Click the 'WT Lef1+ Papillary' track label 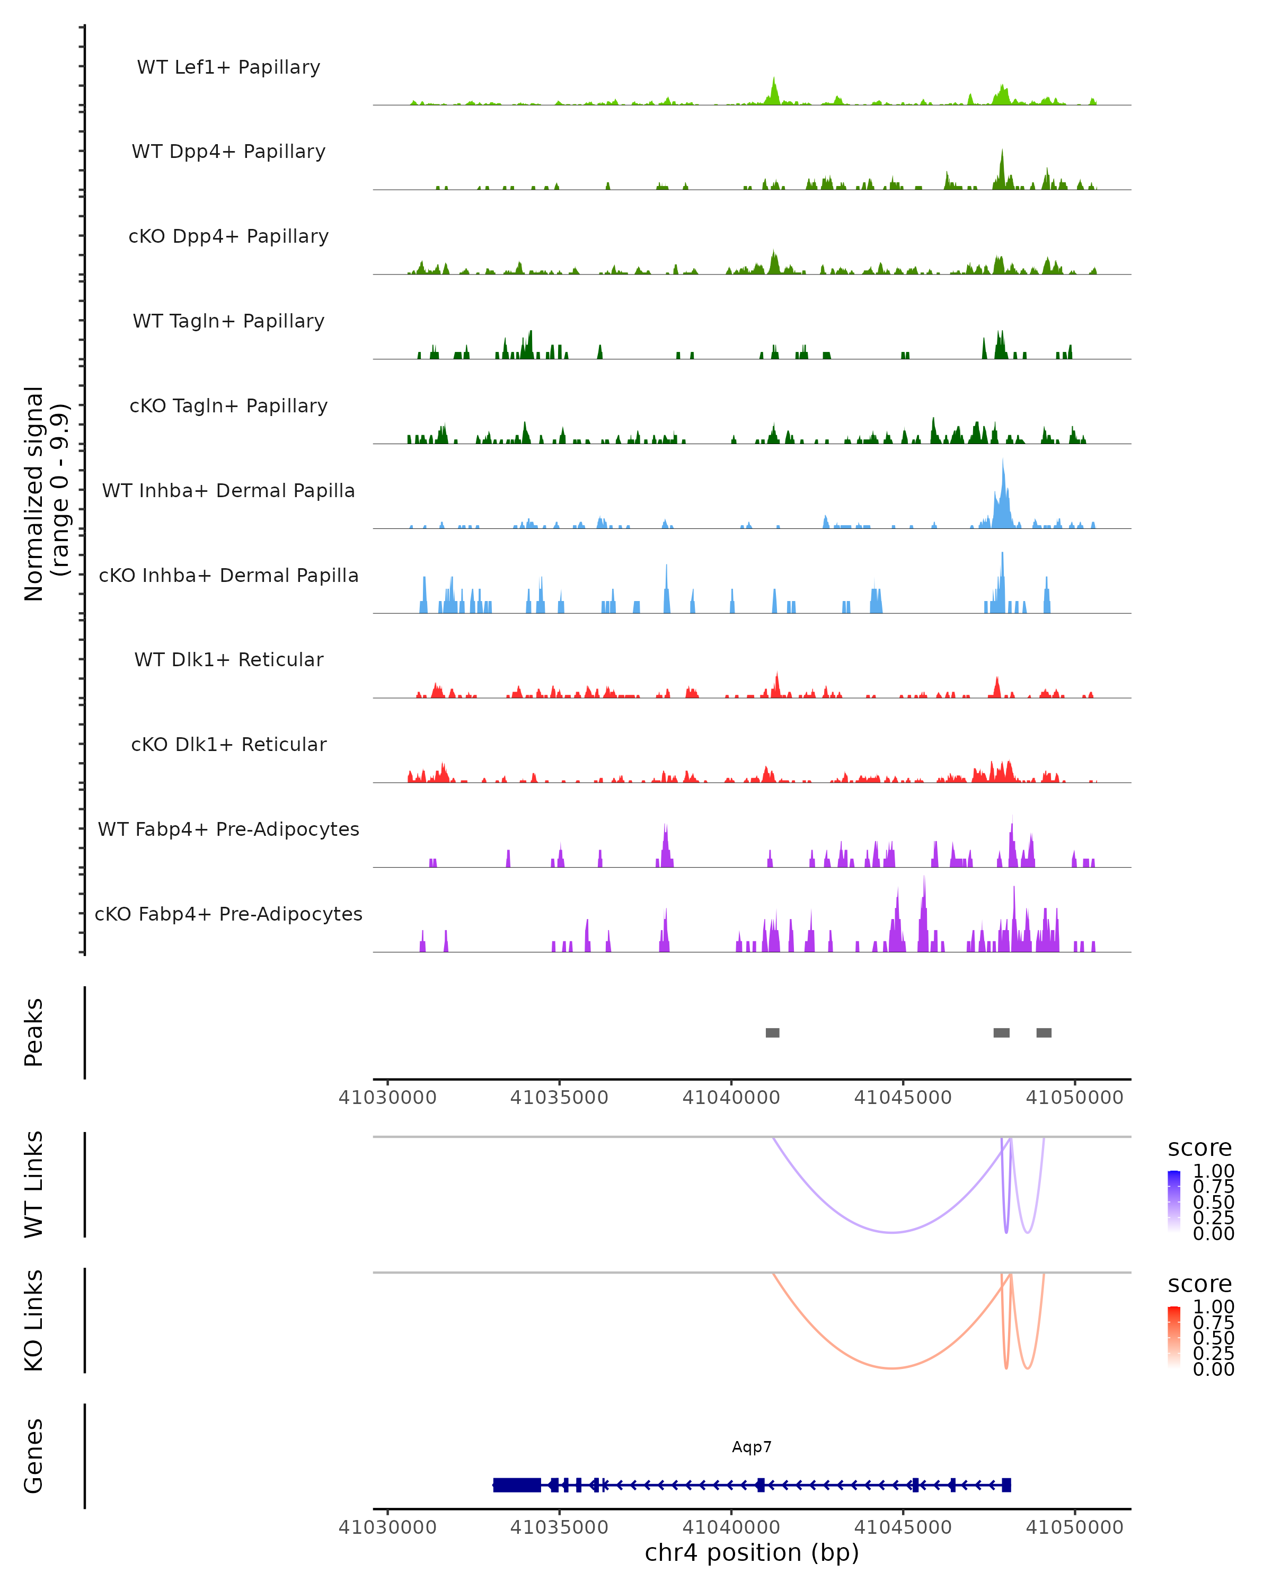coord(228,67)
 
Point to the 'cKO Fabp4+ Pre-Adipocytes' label coord(228,914)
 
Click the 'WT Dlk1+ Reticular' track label coord(228,659)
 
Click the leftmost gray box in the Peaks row coord(772,1032)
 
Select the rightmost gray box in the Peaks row coord(1044,1032)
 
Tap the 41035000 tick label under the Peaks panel coord(559,1098)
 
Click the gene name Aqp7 coord(752,1447)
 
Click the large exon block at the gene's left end coord(516,1485)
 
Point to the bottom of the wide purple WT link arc coord(891,1232)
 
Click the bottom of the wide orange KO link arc coord(891,1368)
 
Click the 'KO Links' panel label coord(34,1320)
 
